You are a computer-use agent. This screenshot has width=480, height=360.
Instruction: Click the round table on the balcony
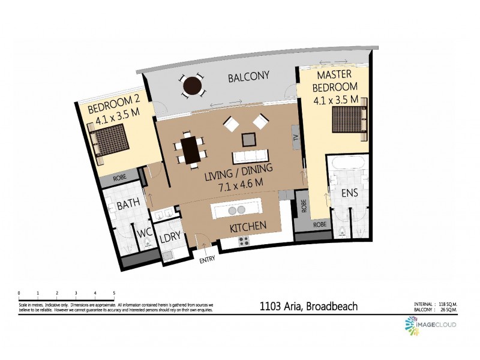(x=193, y=85)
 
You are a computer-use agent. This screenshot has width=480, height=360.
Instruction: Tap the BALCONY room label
(x=248, y=76)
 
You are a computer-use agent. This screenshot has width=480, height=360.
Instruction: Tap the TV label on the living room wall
(x=295, y=137)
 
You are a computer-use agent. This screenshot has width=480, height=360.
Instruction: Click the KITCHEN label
(x=248, y=227)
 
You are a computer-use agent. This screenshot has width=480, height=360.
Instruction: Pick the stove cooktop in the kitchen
(x=244, y=241)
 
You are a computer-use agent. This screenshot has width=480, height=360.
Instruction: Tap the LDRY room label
(x=170, y=238)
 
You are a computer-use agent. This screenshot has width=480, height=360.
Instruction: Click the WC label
(x=145, y=233)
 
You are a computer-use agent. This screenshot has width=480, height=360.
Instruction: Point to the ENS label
(x=349, y=194)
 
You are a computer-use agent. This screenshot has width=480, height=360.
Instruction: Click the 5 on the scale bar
(x=114, y=293)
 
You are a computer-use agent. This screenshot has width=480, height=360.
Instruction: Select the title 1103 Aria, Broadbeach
(x=308, y=307)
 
